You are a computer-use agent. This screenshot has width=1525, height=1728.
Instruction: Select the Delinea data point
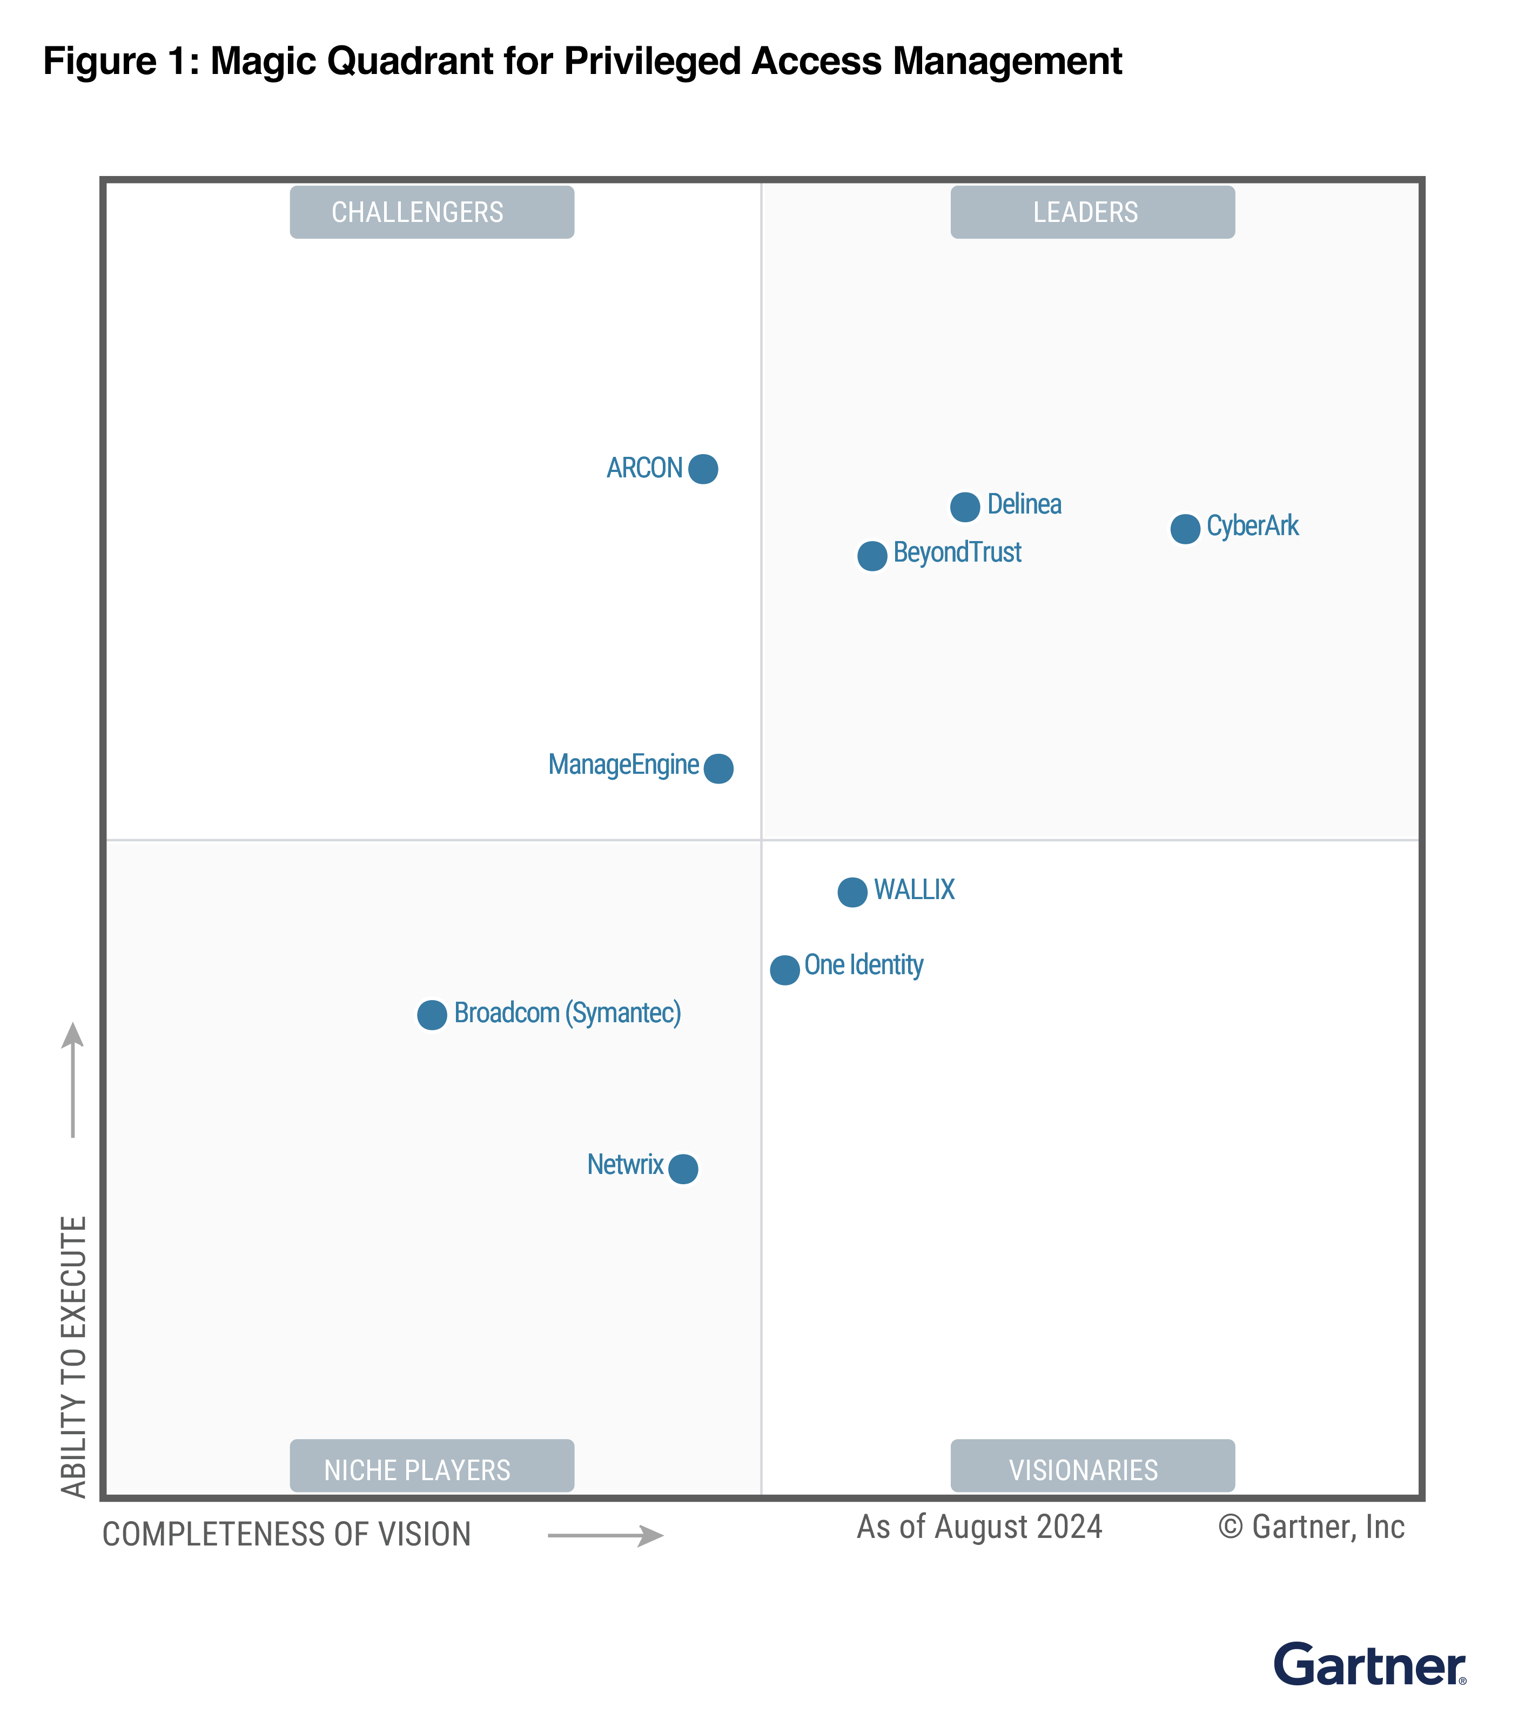pyautogui.click(x=964, y=507)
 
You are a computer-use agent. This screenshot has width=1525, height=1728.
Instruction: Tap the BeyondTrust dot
pyautogui.click(x=872, y=556)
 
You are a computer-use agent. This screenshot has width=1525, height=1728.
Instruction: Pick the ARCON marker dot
pyautogui.click(x=703, y=468)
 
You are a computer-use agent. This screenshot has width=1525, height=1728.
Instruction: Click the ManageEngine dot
pyautogui.click(x=718, y=768)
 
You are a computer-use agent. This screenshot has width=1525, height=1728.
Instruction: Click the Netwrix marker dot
pyautogui.click(x=683, y=1169)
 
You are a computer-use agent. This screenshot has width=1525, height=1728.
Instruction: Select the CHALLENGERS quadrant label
pyautogui.click(x=432, y=212)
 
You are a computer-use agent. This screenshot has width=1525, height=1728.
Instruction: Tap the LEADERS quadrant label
pyautogui.click(x=1092, y=212)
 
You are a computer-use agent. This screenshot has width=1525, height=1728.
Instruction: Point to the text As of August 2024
pyautogui.click(x=979, y=1527)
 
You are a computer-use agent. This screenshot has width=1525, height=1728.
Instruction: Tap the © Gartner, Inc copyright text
pyautogui.click(x=1311, y=1527)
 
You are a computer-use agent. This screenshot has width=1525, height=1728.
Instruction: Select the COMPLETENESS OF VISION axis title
pyautogui.click(x=286, y=1534)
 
